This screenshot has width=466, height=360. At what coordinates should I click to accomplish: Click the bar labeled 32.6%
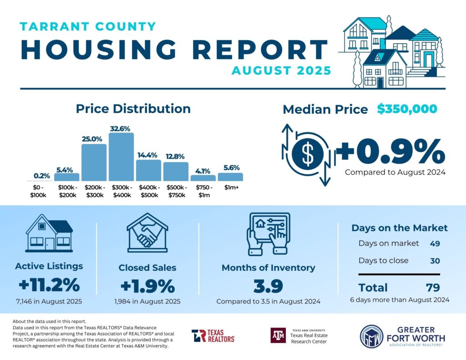tap(121, 157)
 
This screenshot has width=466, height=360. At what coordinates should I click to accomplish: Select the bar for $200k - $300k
tap(94, 162)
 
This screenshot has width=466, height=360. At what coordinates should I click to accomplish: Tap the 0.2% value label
tap(42, 175)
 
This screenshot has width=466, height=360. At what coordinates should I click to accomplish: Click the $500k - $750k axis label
tap(176, 191)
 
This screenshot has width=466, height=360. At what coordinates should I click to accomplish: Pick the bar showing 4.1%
tap(203, 178)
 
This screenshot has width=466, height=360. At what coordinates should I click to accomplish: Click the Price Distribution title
tap(133, 109)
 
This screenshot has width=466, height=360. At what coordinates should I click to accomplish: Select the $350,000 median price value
tap(407, 109)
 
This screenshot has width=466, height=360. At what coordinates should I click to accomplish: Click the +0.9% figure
tap(390, 152)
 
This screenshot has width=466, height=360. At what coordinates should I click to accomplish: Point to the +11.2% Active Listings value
tap(49, 286)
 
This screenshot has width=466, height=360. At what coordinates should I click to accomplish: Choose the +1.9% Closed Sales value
tap(147, 286)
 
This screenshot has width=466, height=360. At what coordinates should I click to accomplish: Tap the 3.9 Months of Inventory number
tap(268, 286)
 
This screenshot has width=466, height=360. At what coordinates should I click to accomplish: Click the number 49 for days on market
tap(435, 243)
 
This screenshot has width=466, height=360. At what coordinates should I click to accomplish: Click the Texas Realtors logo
tap(213, 336)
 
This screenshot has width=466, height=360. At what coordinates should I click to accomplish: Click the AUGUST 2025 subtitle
tap(281, 71)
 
